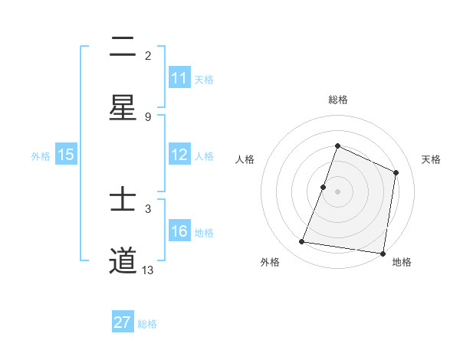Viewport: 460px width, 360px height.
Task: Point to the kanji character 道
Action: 123,260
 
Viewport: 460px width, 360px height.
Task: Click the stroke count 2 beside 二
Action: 148,55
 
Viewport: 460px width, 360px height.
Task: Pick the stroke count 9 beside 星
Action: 148,116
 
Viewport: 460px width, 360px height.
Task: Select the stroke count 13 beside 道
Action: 148,270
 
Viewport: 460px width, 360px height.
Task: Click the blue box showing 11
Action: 179,78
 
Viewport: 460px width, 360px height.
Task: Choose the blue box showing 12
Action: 179,155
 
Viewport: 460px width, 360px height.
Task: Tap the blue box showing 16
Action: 179,232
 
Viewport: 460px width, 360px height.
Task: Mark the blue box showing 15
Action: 66,155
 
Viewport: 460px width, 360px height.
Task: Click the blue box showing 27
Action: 123,322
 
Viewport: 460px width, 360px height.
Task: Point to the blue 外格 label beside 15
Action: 41,155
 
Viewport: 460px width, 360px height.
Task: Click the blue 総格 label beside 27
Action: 147,323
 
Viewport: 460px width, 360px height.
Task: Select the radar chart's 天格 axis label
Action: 431,159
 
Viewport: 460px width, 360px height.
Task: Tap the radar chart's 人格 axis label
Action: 245,159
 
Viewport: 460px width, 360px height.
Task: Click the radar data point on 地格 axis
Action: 383,253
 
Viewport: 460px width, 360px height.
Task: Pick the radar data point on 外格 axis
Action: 302,242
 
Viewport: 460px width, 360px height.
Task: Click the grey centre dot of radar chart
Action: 337,191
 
